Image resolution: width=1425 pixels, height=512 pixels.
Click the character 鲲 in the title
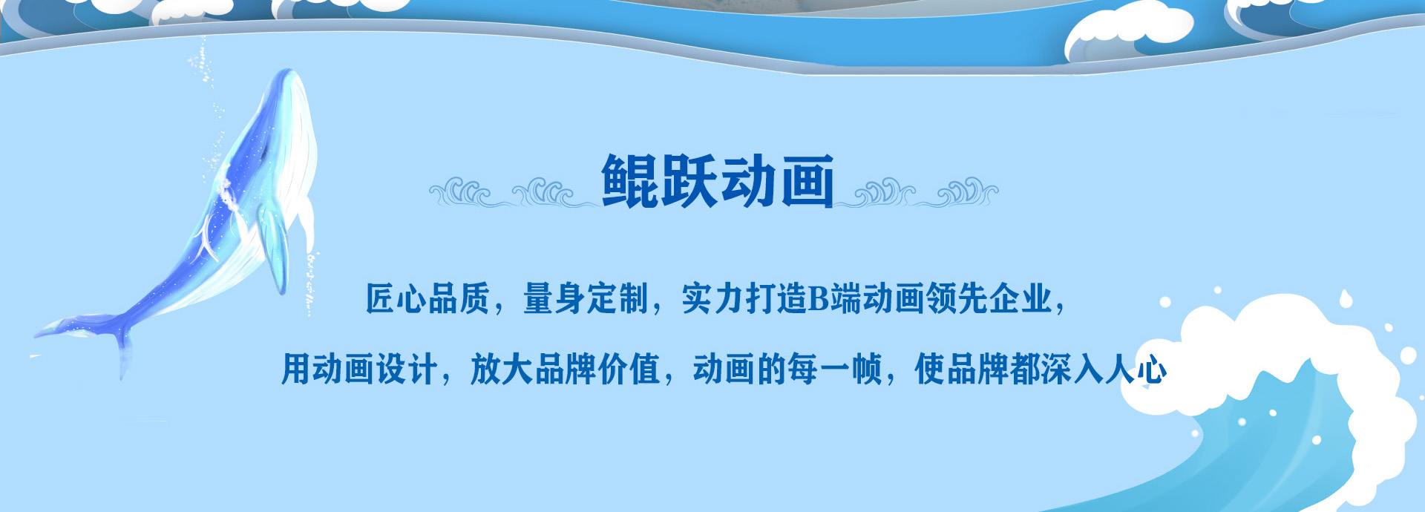click(630, 181)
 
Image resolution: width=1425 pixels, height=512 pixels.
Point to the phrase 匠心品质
click(427, 299)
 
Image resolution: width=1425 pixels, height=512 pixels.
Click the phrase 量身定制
click(586, 299)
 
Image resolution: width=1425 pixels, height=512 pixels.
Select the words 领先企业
click(989, 299)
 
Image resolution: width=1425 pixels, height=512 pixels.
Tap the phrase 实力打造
click(744, 299)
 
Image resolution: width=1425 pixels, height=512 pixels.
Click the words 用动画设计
click(358, 369)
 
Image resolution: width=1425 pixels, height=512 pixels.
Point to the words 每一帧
click(835, 369)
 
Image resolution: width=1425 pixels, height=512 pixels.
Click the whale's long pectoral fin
click(272, 245)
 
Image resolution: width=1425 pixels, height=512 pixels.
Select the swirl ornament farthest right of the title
click(968, 192)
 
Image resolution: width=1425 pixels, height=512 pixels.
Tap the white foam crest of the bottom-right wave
click(1277, 349)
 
